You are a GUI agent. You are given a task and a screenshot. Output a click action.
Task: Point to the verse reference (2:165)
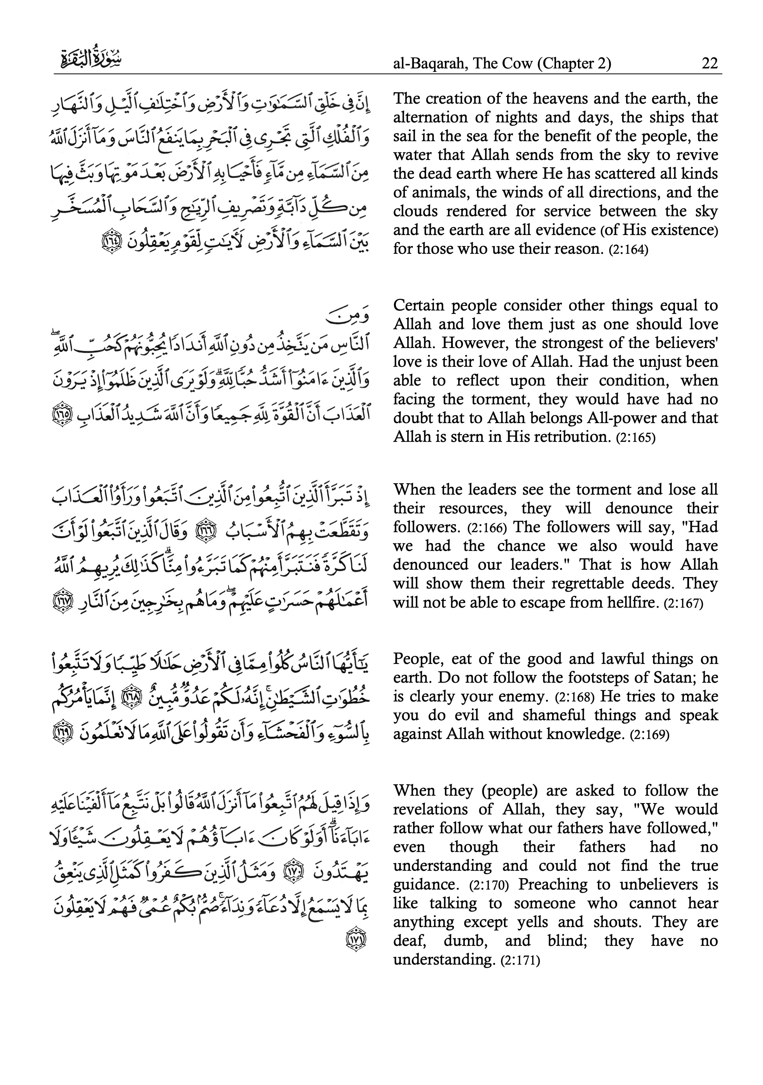[635, 438]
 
